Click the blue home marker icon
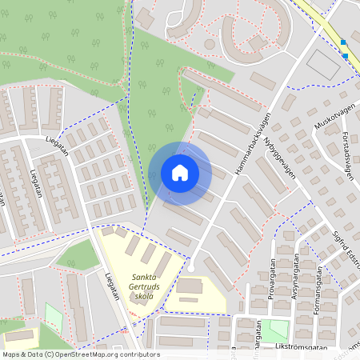180,172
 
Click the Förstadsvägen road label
345,151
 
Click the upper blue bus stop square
343,42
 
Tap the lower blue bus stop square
346,56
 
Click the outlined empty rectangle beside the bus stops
323,63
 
